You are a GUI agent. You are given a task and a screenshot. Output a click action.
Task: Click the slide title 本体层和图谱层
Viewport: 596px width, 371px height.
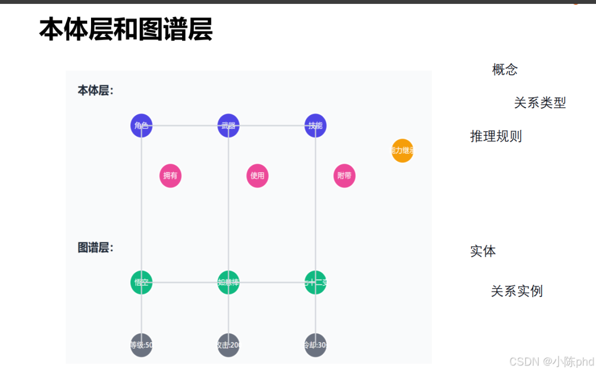coord(126,30)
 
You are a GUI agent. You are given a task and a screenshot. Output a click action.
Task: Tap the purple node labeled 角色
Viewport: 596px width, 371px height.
coord(142,125)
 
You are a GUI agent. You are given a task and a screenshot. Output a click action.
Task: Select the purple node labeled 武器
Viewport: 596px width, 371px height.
coord(228,125)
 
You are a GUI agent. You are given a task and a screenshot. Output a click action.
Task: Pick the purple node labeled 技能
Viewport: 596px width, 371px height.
coord(315,125)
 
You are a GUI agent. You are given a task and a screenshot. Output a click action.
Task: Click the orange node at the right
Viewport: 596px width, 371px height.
coord(402,151)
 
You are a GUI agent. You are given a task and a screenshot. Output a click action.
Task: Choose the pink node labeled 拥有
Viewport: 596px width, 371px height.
coord(171,176)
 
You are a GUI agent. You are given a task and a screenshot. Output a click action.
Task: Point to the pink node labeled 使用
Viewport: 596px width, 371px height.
coord(257,176)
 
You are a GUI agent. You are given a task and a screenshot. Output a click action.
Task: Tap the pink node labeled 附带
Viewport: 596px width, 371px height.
coord(344,176)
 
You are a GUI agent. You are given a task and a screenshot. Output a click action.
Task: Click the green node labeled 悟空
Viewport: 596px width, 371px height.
coord(142,283)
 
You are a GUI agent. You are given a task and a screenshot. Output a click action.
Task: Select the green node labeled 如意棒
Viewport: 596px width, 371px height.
coord(228,283)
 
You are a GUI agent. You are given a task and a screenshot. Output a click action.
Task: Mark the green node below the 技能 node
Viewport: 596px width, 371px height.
coord(315,283)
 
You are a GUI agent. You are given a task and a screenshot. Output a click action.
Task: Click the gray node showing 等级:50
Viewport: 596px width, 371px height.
coord(142,345)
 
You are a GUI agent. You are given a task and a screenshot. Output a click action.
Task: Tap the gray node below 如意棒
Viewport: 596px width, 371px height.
coord(228,345)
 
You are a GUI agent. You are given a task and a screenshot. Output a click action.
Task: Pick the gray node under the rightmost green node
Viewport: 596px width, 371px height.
coord(315,345)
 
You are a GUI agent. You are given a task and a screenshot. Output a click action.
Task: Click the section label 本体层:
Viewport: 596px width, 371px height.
coord(95,91)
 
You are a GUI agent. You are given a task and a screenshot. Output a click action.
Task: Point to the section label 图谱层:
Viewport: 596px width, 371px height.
coord(95,248)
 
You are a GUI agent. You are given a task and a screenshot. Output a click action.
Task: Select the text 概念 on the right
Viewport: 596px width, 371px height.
coord(505,70)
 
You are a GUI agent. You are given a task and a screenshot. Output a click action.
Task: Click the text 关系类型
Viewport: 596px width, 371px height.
coord(540,103)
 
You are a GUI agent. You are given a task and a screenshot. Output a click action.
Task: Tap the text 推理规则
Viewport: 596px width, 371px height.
coord(496,136)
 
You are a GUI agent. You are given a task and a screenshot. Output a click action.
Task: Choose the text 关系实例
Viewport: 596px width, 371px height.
coord(517,291)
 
